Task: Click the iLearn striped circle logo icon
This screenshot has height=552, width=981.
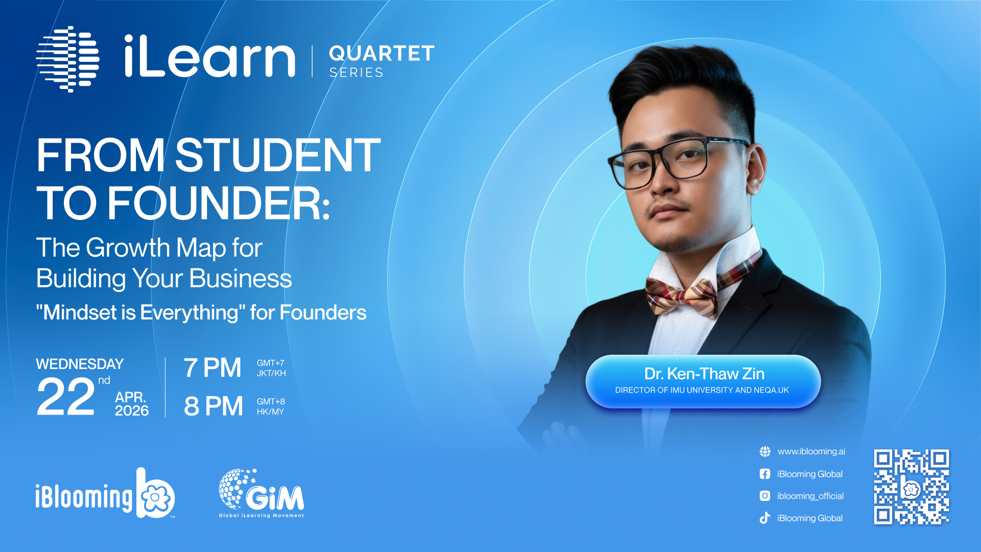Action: click(x=67, y=59)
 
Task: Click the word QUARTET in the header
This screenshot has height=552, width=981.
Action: click(x=382, y=54)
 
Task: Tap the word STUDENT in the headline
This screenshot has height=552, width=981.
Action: click(x=278, y=155)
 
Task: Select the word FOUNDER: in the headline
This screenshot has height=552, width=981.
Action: click(x=219, y=203)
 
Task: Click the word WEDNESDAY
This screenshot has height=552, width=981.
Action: click(x=80, y=364)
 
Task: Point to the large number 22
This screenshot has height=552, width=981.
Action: click(x=66, y=397)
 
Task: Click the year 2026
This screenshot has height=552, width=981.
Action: click(x=132, y=410)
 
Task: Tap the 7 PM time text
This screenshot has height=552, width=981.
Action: click(x=213, y=368)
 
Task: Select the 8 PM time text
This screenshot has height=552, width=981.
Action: click(x=214, y=406)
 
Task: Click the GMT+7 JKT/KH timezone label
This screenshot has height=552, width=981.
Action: click(x=271, y=368)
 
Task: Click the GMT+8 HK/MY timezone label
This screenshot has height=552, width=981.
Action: click(x=271, y=406)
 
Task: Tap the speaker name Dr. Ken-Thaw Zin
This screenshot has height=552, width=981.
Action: click(x=704, y=374)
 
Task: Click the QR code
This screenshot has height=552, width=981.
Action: click(x=912, y=487)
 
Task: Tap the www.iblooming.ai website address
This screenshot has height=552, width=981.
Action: click(x=811, y=451)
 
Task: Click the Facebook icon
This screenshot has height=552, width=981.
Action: click(x=765, y=474)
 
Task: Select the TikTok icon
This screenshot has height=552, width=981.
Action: click(x=765, y=518)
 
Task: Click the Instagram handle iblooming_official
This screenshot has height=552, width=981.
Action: click(x=810, y=496)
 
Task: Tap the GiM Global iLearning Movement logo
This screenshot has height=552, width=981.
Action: click(x=262, y=493)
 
